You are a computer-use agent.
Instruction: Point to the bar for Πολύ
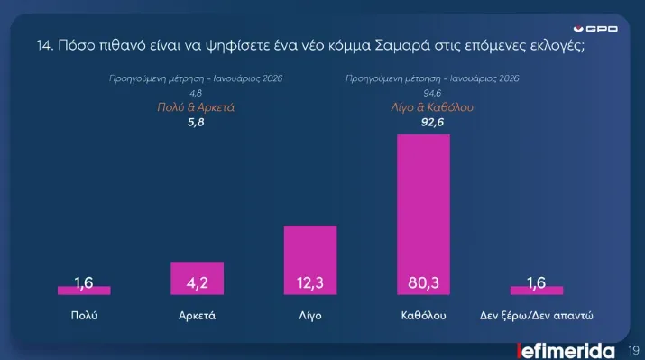[84, 291]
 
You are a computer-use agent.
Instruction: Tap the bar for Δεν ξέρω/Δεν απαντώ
[537, 291]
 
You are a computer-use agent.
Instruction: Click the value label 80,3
[423, 283]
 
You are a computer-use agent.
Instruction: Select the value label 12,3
[310, 283]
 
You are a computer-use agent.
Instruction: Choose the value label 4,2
[197, 283]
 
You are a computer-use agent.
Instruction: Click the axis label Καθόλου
[423, 317]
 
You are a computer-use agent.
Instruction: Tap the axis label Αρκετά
[197, 317]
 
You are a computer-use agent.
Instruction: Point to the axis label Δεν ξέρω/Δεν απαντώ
[537, 317]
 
